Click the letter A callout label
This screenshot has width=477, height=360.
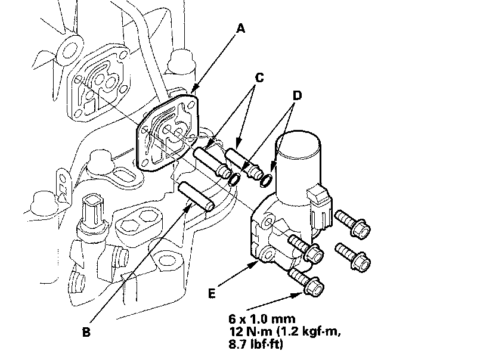point(240,29)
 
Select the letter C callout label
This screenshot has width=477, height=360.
point(259,78)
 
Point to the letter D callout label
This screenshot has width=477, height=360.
point(298,95)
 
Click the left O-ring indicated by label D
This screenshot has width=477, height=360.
point(235,178)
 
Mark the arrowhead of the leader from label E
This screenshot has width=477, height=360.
point(257,262)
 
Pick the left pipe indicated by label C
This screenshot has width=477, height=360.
point(213,161)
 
